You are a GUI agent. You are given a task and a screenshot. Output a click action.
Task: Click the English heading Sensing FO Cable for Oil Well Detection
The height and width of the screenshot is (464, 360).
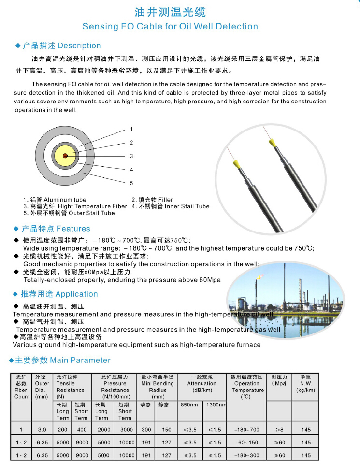[x=170, y=26]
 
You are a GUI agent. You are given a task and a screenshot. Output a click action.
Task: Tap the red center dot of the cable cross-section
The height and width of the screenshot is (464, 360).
[x=65, y=155]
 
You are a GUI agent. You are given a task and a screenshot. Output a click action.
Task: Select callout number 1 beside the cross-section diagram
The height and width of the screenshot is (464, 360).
[x=131, y=129]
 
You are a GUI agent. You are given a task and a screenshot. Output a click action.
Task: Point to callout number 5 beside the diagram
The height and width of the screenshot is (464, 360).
[x=131, y=183]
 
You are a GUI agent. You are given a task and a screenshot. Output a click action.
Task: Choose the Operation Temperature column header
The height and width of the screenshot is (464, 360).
[x=247, y=387]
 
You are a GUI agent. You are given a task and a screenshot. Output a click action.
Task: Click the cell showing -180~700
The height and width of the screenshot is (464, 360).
[x=247, y=429]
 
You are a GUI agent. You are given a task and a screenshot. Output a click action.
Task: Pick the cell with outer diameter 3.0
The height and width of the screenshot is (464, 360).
[x=42, y=429]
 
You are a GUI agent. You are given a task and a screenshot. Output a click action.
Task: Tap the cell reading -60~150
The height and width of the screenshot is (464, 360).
[x=247, y=442]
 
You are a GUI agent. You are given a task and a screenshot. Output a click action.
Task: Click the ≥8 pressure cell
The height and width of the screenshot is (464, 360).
[x=279, y=429]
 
